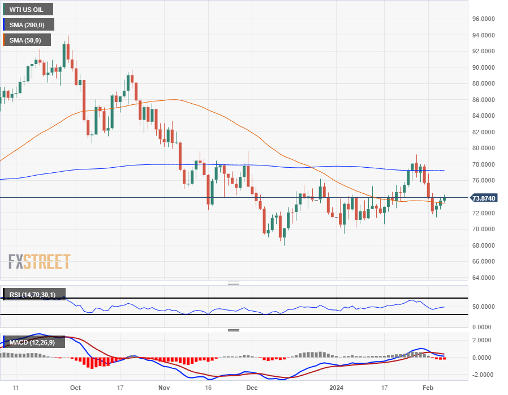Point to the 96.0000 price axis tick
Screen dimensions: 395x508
coord(484,19)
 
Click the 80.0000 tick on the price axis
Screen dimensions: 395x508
coord(484,148)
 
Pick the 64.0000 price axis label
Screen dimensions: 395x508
coord(484,278)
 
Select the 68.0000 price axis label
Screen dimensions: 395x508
coord(484,245)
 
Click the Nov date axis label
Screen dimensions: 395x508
coord(164,388)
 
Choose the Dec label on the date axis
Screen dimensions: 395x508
coord(252,388)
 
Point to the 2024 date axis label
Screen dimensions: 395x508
coord(336,388)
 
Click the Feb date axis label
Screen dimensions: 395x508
coord(428,388)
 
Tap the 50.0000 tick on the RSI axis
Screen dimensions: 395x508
coord(484,307)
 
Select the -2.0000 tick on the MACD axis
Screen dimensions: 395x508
coord(483,375)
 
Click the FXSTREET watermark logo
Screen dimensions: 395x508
coord(40,262)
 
